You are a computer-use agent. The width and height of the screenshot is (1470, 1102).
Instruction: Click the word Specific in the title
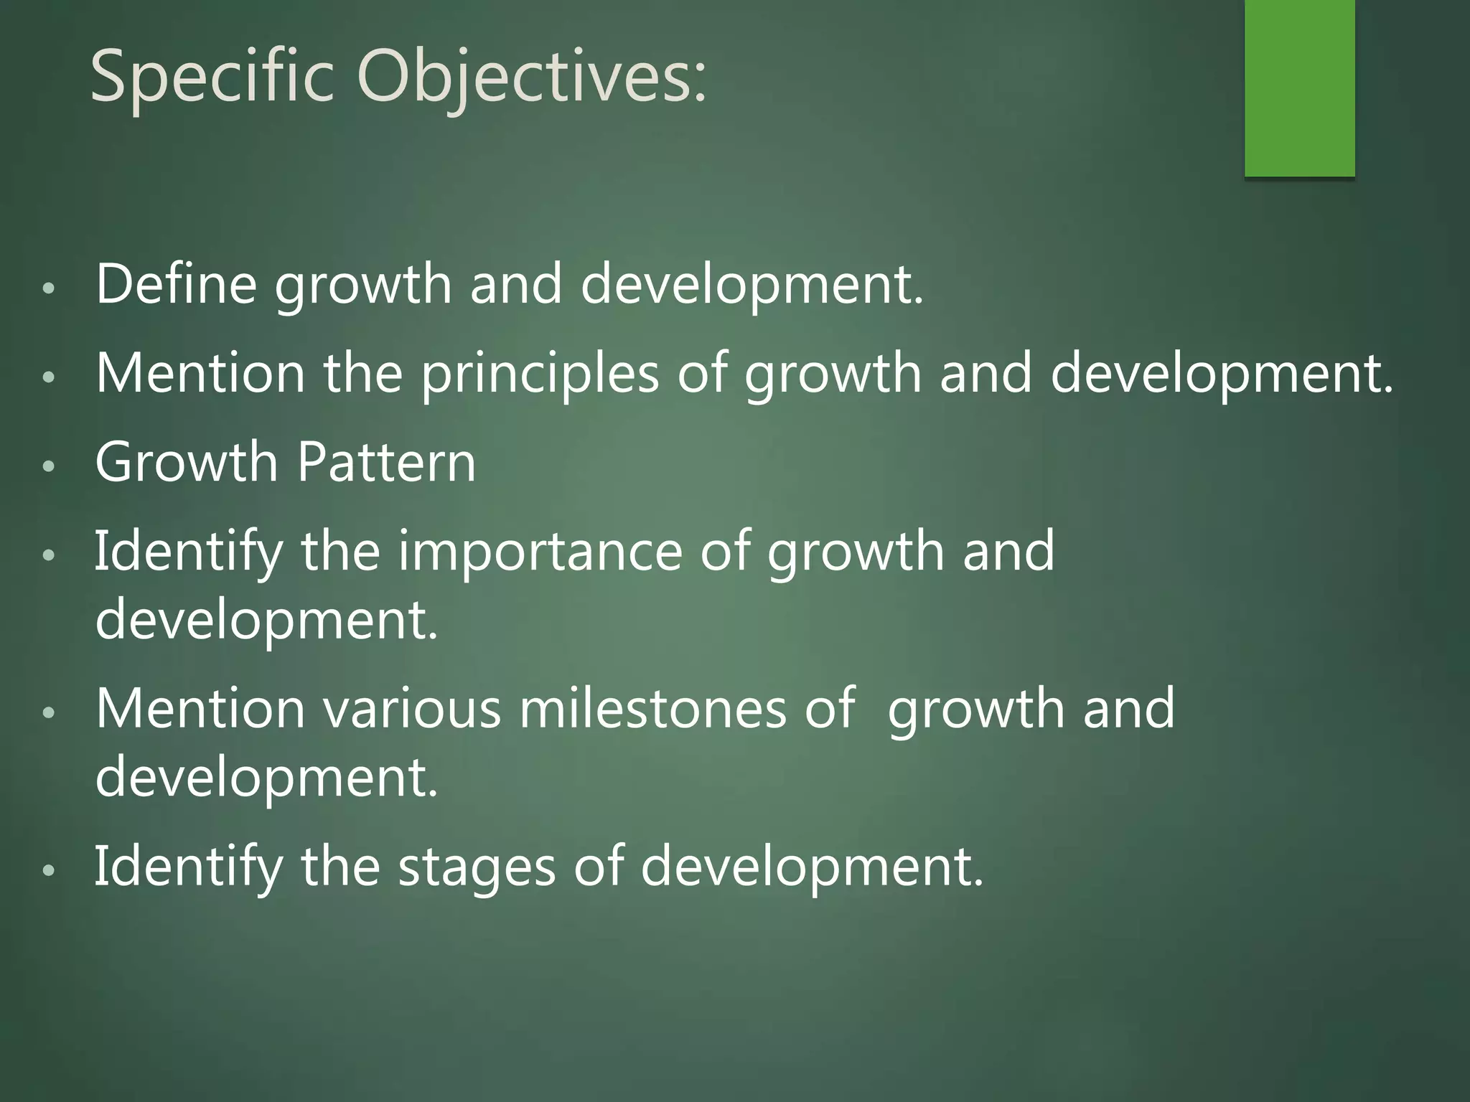[x=212, y=77]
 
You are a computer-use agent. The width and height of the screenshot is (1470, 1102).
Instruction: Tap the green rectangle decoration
[x=1299, y=88]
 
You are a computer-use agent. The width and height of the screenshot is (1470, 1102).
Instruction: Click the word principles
[x=540, y=375]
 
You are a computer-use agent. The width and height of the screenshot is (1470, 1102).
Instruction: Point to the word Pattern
[x=386, y=462]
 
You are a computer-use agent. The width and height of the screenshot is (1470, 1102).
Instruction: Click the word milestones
[x=652, y=709]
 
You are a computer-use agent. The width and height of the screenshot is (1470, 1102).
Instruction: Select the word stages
[x=477, y=867]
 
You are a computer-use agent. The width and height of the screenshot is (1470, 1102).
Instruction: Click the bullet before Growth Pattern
[x=49, y=466]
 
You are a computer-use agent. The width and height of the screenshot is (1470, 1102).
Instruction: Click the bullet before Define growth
[x=49, y=288]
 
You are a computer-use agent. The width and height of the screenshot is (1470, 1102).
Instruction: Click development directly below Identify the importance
[x=266, y=620]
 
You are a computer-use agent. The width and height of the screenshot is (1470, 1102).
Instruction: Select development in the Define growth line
[x=751, y=285]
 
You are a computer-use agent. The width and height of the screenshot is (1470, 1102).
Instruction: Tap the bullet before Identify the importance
[x=49, y=555]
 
